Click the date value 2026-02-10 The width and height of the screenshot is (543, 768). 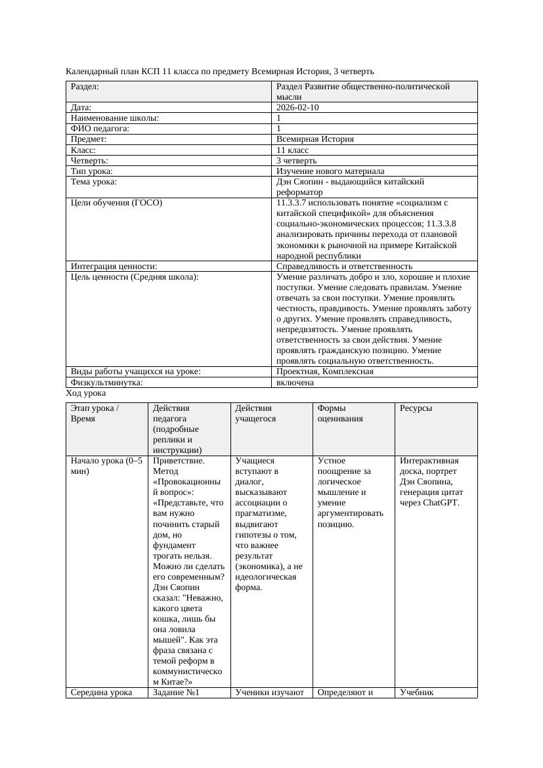click(x=297, y=107)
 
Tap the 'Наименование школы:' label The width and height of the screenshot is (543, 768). click(x=114, y=118)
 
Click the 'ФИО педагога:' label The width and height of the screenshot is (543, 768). click(x=100, y=129)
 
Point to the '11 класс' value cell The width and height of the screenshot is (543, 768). click(x=293, y=150)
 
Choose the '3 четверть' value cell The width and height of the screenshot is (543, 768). click(x=296, y=160)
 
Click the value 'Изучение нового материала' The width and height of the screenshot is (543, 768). click(x=330, y=171)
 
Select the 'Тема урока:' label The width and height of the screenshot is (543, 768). click(x=93, y=182)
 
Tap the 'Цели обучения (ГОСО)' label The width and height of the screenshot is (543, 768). click(x=116, y=203)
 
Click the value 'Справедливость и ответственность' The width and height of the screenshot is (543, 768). click(x=344, y=266)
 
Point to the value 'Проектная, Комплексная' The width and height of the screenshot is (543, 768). click(x=325, y=371)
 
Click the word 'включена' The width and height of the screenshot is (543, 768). click(x=295, y=382)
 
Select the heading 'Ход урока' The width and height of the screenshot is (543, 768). click(x=85, y=393)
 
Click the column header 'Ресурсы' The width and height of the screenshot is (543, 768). click(x=416, y=408)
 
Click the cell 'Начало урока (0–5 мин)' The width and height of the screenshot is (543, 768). click(x=106, y=465)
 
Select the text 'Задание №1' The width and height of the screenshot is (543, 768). click(x=175, y=692)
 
